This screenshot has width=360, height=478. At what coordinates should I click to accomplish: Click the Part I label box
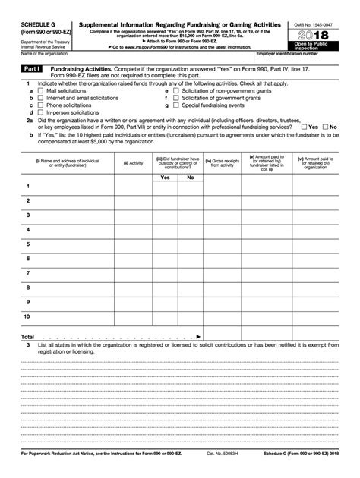click(x=31, y=68)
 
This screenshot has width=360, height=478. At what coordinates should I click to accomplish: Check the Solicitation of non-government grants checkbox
click(x=175, y=90)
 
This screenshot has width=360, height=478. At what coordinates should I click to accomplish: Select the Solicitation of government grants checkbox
click(x=175, y=98)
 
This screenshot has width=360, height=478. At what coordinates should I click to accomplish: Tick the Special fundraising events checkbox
click(x=175, y=105)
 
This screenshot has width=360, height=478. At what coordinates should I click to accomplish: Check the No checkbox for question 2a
click(x=325, y=127)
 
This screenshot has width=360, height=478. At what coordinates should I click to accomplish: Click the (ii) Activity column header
click(x=133, y=162)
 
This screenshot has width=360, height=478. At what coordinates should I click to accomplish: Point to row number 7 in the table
click(x=28, y=272)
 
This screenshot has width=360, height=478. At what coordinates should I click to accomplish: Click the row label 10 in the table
click(x=28, y=316)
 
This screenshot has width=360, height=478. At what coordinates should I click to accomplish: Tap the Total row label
click(x=27, y=336)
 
